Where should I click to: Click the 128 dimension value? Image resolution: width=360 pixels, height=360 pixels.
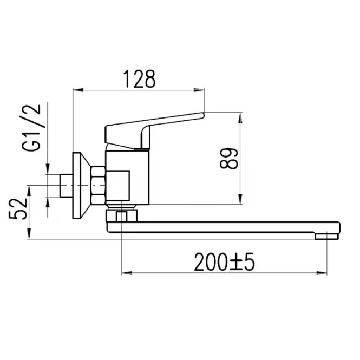coord(139,79)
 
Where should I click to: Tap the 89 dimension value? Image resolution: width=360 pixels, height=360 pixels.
coord(228,159)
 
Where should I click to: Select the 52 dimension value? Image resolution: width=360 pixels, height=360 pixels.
coord(18,209)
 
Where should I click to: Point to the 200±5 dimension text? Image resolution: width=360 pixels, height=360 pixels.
coord(224,262)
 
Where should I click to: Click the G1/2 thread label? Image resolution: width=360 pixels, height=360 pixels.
coord(31,128)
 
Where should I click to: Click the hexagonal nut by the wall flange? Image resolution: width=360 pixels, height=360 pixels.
coord(99,186)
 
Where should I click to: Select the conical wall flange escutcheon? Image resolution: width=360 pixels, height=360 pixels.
coord(81,186)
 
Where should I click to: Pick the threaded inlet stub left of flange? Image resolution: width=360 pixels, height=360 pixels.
coord(66,186)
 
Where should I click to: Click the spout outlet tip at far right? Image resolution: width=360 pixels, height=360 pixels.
coord(326,237)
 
